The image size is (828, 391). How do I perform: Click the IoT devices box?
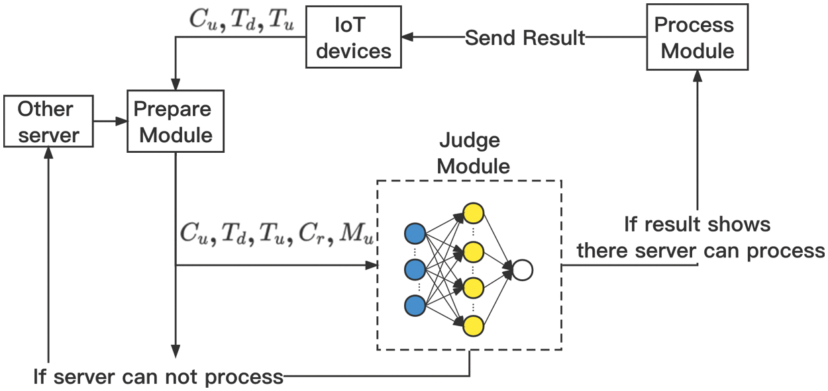[354, 37]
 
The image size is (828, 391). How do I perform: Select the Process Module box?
[698, 38]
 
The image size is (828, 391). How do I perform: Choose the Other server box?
[48, 122]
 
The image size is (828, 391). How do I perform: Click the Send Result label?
[525, 38]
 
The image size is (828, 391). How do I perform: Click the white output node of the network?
[523, 269]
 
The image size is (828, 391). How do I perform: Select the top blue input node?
[415, 234]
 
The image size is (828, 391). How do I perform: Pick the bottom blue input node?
[415, 305]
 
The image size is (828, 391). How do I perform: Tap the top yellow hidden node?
[473, 213]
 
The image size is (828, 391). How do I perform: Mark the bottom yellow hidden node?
[473, 326]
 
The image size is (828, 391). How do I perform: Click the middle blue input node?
[415, 269]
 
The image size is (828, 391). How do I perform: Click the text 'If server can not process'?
[158, 377]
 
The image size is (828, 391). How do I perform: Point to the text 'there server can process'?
[701, 251]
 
